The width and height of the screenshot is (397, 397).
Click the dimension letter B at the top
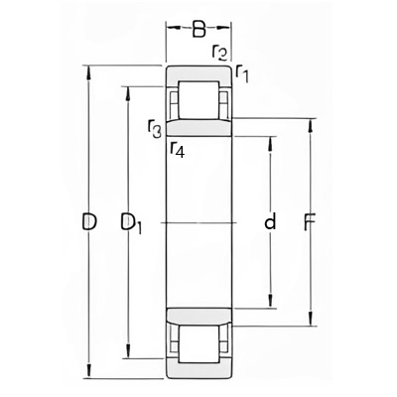point(199,29)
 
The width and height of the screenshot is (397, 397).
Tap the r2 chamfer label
point(219,53)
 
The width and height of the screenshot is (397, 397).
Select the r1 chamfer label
point(242,73)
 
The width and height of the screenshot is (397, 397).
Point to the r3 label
point(155,129)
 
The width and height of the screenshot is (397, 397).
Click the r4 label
point(178,149)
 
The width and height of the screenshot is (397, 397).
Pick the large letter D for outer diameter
point(89,221)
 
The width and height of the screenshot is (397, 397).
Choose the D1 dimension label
point(131,223)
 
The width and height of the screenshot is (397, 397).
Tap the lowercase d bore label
point(270,221)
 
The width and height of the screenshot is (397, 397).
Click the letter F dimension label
point(310,221)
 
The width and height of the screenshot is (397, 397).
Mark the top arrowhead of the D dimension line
point(88,72)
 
